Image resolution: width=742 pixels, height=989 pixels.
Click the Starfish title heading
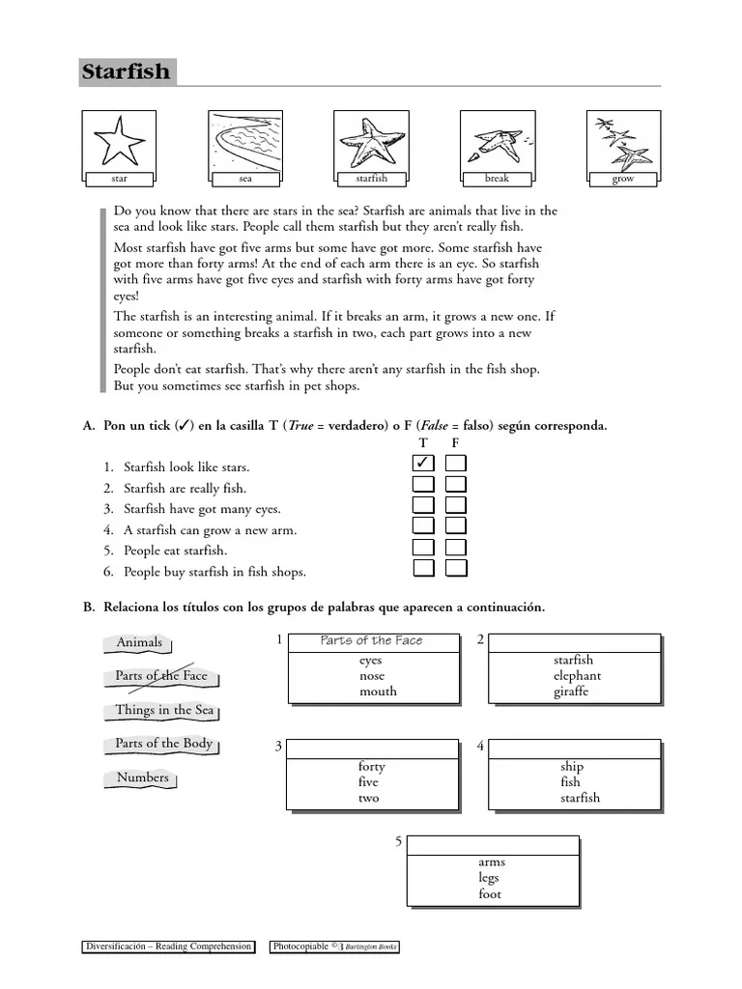126,71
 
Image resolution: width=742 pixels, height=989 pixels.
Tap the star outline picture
120,141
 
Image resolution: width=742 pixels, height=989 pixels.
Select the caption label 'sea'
244,179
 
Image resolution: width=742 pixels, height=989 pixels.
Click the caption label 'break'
497,179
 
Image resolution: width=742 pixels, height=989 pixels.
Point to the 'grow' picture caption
623,179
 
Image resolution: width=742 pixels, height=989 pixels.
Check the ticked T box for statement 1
423,464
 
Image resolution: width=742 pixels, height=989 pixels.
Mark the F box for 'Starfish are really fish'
456,485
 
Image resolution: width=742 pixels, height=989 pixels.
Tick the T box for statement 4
423,526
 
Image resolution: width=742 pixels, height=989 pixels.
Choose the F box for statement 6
456,569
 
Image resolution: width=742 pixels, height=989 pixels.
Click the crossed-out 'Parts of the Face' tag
161,676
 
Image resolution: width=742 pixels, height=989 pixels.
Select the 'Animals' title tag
139,642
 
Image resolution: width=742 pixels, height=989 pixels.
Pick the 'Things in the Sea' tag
163,710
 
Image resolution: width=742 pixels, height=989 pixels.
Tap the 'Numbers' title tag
142,777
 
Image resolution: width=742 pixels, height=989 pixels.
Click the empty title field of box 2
575,642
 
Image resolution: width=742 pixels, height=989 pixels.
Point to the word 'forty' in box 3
371,766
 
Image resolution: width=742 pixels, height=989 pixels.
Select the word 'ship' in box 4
572,766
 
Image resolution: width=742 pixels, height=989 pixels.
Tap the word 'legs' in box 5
490,878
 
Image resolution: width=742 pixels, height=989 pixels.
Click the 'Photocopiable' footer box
334,947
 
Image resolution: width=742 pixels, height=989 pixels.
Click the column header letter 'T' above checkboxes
423,442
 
